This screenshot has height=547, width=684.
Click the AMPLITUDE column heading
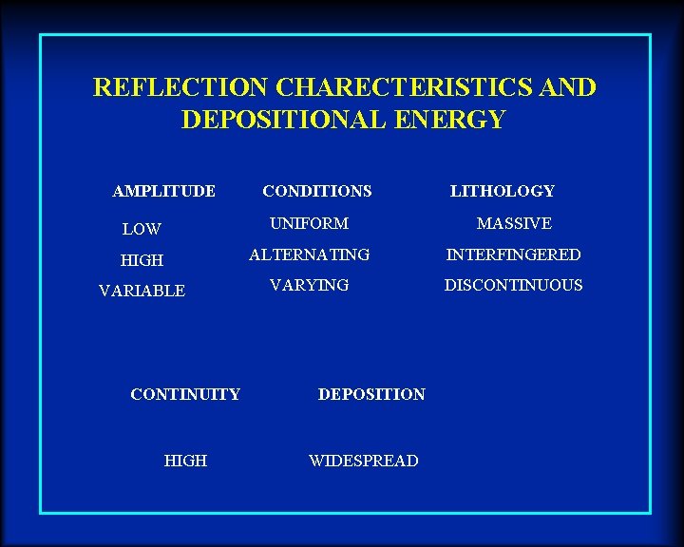coord(163,191)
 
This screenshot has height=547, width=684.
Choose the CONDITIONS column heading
coord(317,191)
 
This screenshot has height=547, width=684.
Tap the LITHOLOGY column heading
coord(502,191)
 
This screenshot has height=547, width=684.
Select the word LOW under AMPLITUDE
coord(142,229)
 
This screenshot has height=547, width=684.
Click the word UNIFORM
coord(309,223)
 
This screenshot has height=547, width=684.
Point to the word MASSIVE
coord(514,223)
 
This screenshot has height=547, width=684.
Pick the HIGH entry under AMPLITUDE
coord(142,260)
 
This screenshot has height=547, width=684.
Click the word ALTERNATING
coord(309,255)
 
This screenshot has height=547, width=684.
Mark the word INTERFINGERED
coord(514,255)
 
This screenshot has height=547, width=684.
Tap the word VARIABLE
coord(142,292)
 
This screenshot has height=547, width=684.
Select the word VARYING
coord(309,285)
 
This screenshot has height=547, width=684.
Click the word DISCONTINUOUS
coord(514,285)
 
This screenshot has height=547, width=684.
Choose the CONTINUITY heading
coord(185,394)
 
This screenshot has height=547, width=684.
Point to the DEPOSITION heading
coord(371,394)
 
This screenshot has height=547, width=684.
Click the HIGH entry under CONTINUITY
coord(185,461)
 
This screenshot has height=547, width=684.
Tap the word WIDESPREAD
coord(363,461)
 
